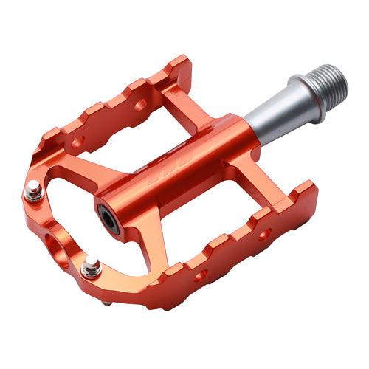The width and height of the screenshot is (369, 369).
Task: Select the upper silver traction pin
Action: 32,192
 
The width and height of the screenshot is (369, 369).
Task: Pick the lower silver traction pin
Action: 91,267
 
